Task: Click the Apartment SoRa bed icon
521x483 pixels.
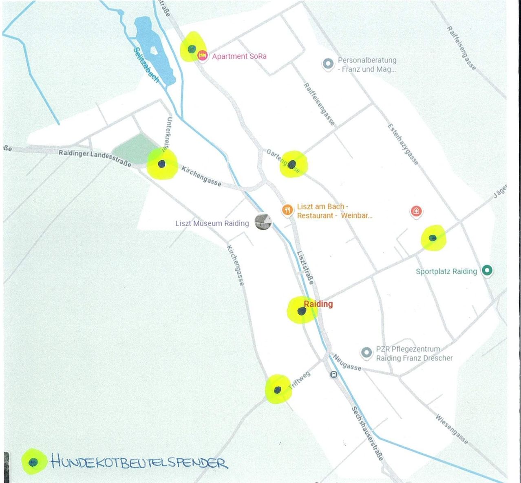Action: [202, 55]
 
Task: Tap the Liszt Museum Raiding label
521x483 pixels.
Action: [212, 223]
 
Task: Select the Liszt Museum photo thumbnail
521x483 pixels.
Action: [263, 222]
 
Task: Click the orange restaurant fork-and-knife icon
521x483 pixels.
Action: [287, 210]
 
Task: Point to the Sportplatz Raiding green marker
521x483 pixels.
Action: [487, 270]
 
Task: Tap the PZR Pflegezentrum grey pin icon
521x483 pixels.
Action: [366, 353]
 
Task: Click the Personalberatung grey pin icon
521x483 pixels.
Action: [328, 64]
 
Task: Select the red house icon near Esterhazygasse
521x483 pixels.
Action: [416, 211]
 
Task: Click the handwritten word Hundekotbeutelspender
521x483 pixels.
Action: [139, 462]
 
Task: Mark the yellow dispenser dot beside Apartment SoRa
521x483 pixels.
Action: [192, 49]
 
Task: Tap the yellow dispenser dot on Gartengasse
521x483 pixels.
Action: [292, 165]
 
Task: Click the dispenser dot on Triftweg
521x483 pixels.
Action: [278, 390]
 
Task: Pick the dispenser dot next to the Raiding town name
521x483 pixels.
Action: [302, 311]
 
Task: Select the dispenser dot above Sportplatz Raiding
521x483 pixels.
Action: [433, 238]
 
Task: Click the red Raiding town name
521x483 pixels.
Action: [318, 304]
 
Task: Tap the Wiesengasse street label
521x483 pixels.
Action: [452, 429]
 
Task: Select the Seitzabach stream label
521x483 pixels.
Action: [146, 65]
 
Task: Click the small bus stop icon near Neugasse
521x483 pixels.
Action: [334, 375]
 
